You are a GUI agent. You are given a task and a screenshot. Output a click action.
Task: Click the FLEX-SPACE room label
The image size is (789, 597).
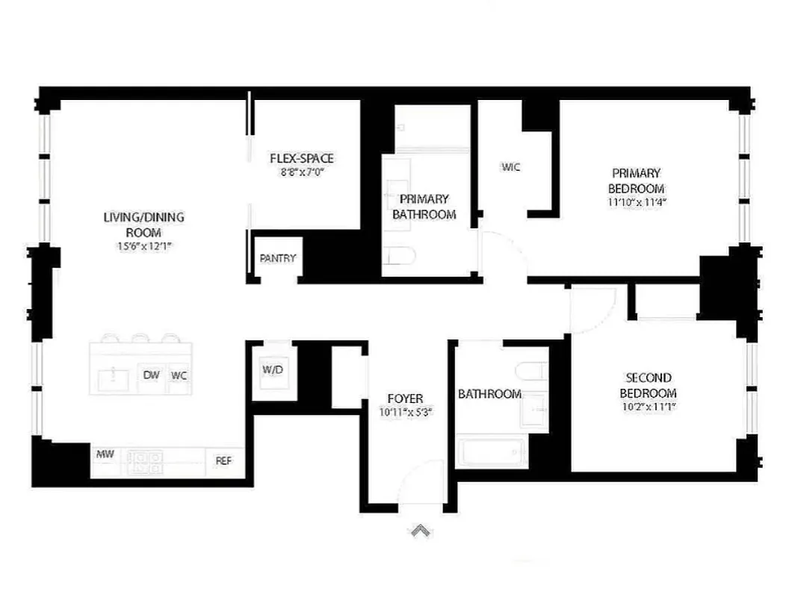coord(301,158)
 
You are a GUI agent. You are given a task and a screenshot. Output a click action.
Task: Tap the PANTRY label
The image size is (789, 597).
coord(278,258)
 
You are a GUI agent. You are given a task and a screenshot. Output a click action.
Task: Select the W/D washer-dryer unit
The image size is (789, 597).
coord(273,371)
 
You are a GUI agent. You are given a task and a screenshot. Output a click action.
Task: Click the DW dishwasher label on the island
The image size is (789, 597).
coord(152,375)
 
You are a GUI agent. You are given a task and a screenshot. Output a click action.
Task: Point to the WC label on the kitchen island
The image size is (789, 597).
coord(179,375)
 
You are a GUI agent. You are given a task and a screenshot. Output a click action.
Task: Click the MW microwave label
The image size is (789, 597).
coord(104,453)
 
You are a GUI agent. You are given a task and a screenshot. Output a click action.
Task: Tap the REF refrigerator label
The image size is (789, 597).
coord(223,461)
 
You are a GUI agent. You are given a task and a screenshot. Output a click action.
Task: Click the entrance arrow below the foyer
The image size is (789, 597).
coord(420,531)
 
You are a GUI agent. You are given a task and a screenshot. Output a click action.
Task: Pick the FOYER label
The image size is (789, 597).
coord(405,398)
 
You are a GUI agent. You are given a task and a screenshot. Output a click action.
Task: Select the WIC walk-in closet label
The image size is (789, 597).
coord(510,167)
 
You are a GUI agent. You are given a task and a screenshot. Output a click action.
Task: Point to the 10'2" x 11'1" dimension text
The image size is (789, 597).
coord(649,407)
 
